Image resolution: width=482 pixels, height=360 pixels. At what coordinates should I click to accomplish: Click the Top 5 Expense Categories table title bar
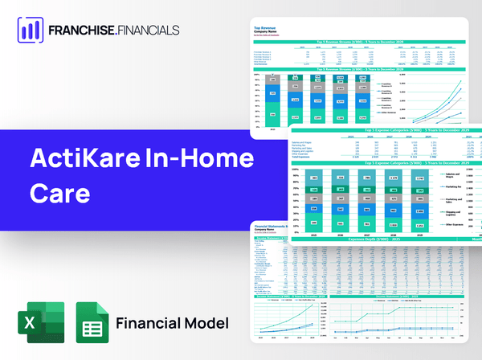(x=386, y=129)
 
